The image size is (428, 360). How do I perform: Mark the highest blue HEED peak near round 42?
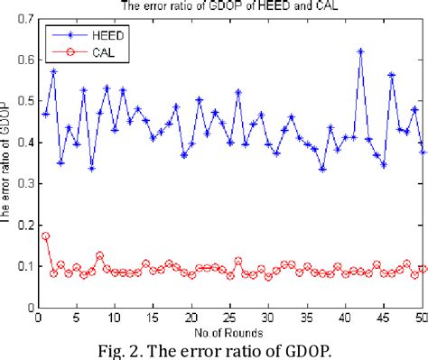pyautogui.click(x=361, y=51)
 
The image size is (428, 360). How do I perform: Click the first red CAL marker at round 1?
pyautogui.click(x=46, y=236)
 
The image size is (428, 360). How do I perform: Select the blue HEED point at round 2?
pyautogui.click(x=53, y=71)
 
